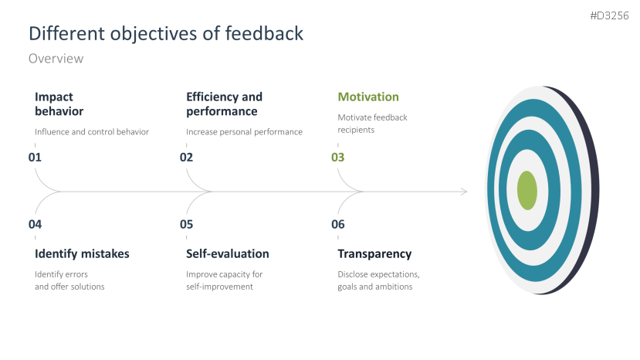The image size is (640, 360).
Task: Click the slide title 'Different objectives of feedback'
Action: click(165, 33)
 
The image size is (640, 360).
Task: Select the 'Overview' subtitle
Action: click(56, 59)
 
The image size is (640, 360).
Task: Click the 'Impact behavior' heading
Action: click(59, 104)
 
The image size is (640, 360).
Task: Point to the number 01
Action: click(35, 158)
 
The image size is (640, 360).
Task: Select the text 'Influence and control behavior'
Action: click(91, 131)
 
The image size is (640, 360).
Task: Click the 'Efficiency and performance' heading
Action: click(224, 104)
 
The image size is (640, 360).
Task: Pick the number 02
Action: click(186, 158)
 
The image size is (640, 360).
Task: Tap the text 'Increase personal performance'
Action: click(244, 131)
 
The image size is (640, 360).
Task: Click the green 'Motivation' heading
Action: click(368, 97)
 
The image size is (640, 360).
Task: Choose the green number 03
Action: click(338, 158)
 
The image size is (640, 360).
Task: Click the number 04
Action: click(35, 225)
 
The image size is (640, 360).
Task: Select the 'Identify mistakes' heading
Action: click(82, 253)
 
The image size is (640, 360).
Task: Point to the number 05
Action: click(186, 225)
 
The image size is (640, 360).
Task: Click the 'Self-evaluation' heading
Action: click(227, 253)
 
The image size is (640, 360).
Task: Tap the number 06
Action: click(338, 225)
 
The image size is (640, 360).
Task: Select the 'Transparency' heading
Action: click(374, 253)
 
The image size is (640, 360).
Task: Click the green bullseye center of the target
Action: click(527, 190)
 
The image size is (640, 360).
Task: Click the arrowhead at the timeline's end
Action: click(463, 191)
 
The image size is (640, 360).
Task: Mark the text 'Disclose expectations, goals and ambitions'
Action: click(378, 280)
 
